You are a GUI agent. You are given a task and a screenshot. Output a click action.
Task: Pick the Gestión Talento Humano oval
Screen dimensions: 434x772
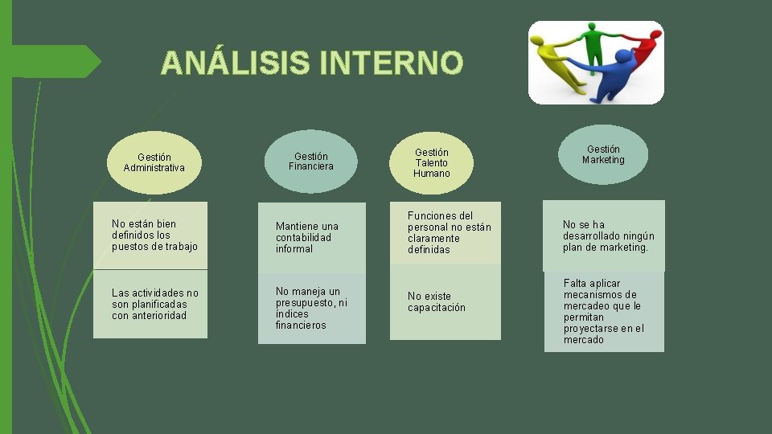432,162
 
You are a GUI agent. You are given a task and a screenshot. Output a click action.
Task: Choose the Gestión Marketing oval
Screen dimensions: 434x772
603,154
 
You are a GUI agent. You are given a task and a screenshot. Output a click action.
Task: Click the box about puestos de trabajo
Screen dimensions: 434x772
150,235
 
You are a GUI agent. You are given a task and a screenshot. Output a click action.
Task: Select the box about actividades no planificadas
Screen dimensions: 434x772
150,304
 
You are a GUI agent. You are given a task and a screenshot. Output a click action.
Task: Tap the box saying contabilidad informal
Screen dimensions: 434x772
311,238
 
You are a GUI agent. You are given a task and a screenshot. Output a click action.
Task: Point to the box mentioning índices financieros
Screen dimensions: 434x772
311,309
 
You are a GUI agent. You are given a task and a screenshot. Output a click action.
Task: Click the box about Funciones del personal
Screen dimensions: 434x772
445,233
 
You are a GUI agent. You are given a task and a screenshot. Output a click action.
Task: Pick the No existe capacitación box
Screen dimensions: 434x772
445,302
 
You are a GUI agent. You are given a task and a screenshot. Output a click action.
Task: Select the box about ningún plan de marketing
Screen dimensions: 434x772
604,235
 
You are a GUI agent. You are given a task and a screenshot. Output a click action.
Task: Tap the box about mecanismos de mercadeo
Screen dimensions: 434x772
604,311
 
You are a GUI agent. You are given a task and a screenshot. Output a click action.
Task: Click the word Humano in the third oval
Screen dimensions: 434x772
432,174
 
